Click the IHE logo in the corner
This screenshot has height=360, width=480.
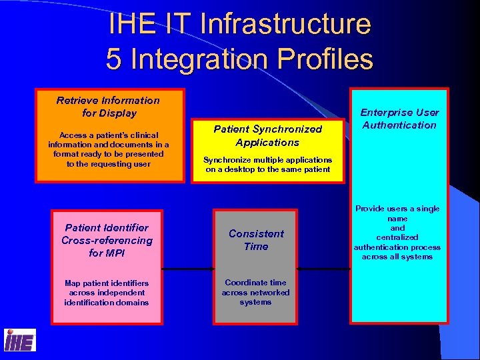(x=19, y=340)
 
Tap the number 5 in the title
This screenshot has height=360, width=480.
(x=114, y=59)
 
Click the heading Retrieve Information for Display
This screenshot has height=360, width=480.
(x=108, y=107)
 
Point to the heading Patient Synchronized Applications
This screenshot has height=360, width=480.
(x=267, y=135)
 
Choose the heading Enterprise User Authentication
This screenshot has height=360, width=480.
(x=399, y=119)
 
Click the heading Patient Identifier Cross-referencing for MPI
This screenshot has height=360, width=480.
(x=107, y=240)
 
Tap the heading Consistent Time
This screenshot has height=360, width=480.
(x=256, y=240)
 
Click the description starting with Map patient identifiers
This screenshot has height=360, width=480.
(x=107, y=293)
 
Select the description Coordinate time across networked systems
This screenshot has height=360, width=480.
(x=256, y=292)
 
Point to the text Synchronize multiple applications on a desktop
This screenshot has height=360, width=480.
(x=267, y=165)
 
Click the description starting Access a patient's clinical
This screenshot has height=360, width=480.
(x=108, y=149)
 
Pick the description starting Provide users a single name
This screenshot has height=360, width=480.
(x=398, y=232)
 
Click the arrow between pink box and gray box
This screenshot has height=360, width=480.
(x=188, y=269)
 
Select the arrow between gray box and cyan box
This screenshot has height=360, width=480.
(x=324, y=269)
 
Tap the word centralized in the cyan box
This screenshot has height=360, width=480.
(x=397, y=237)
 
